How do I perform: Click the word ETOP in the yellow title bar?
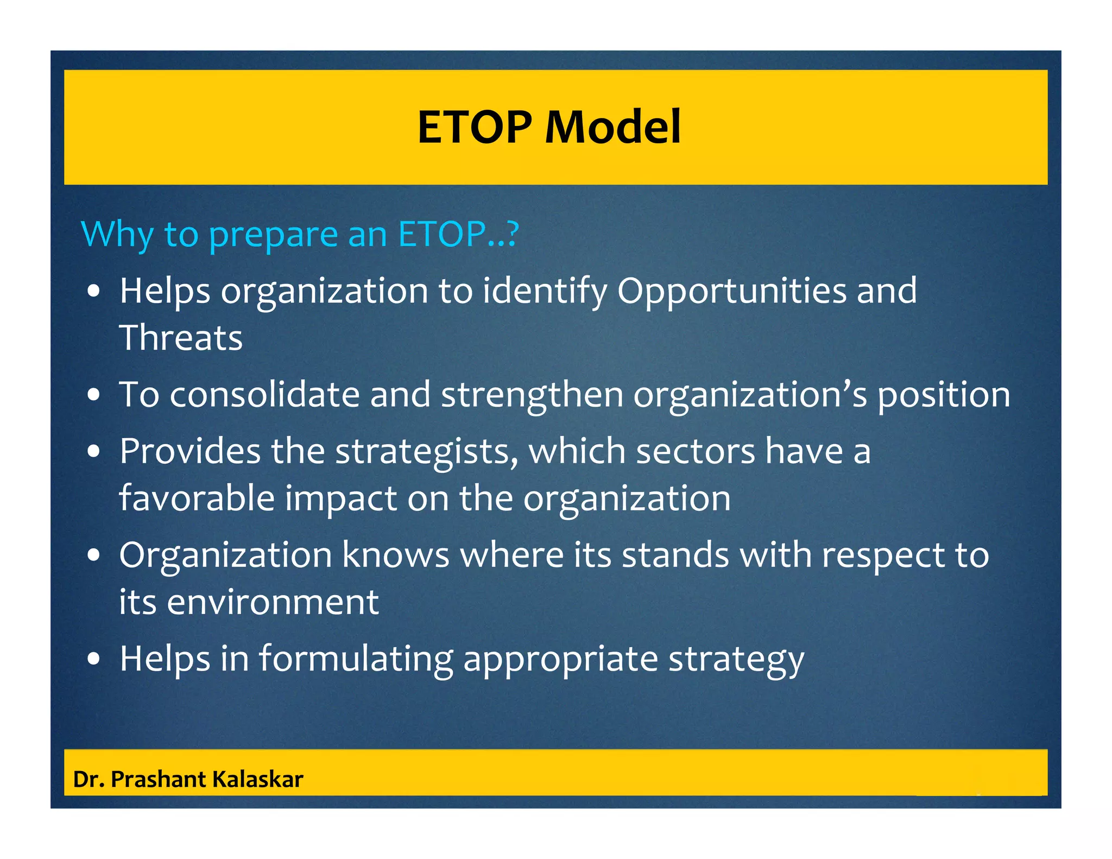click(x=475, y=127)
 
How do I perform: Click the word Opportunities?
click(x=731, y=291)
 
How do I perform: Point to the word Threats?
click(x=181, y=338)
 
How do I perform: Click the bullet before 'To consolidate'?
click(x=94, y=395)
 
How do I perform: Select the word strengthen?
click(x=532, y=395)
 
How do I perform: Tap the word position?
click(x=944, y=395)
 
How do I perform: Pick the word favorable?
click(x=197, y=498)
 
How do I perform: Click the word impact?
click(x=341, y=498)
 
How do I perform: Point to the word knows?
click(x=395, y=555)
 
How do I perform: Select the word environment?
click(x=273, y=602)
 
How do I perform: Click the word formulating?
click(x=356, y=659)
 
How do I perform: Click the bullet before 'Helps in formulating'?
click(x=94, y=659)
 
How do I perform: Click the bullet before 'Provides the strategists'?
click(x=94, y=452)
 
